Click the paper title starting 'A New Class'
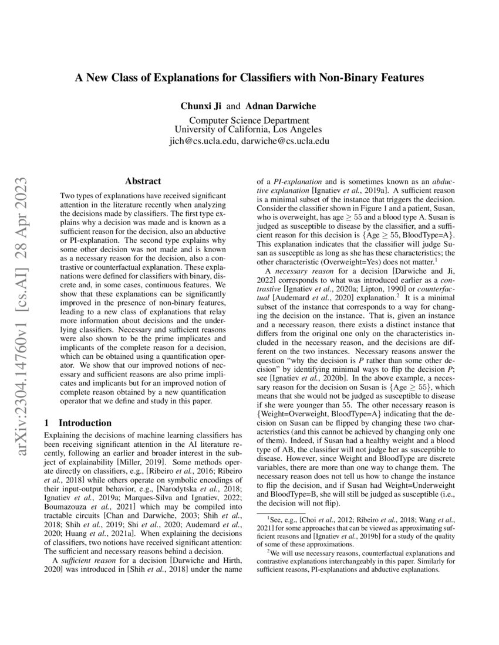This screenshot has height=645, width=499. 249,77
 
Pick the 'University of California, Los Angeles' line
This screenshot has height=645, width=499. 248,130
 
